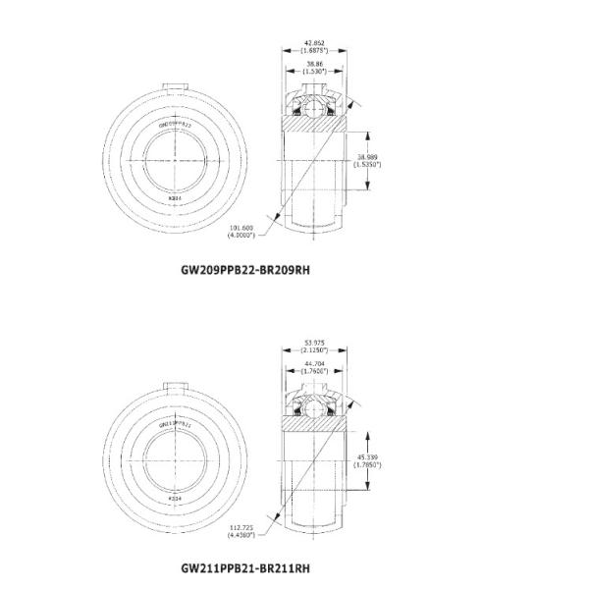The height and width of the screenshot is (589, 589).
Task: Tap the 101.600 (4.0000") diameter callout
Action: [241, 232]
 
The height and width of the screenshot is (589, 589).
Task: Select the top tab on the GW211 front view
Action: [176, 384]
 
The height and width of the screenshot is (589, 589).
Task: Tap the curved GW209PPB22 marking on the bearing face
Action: [176, 125]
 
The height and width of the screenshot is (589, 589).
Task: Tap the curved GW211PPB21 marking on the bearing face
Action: [176, 423]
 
